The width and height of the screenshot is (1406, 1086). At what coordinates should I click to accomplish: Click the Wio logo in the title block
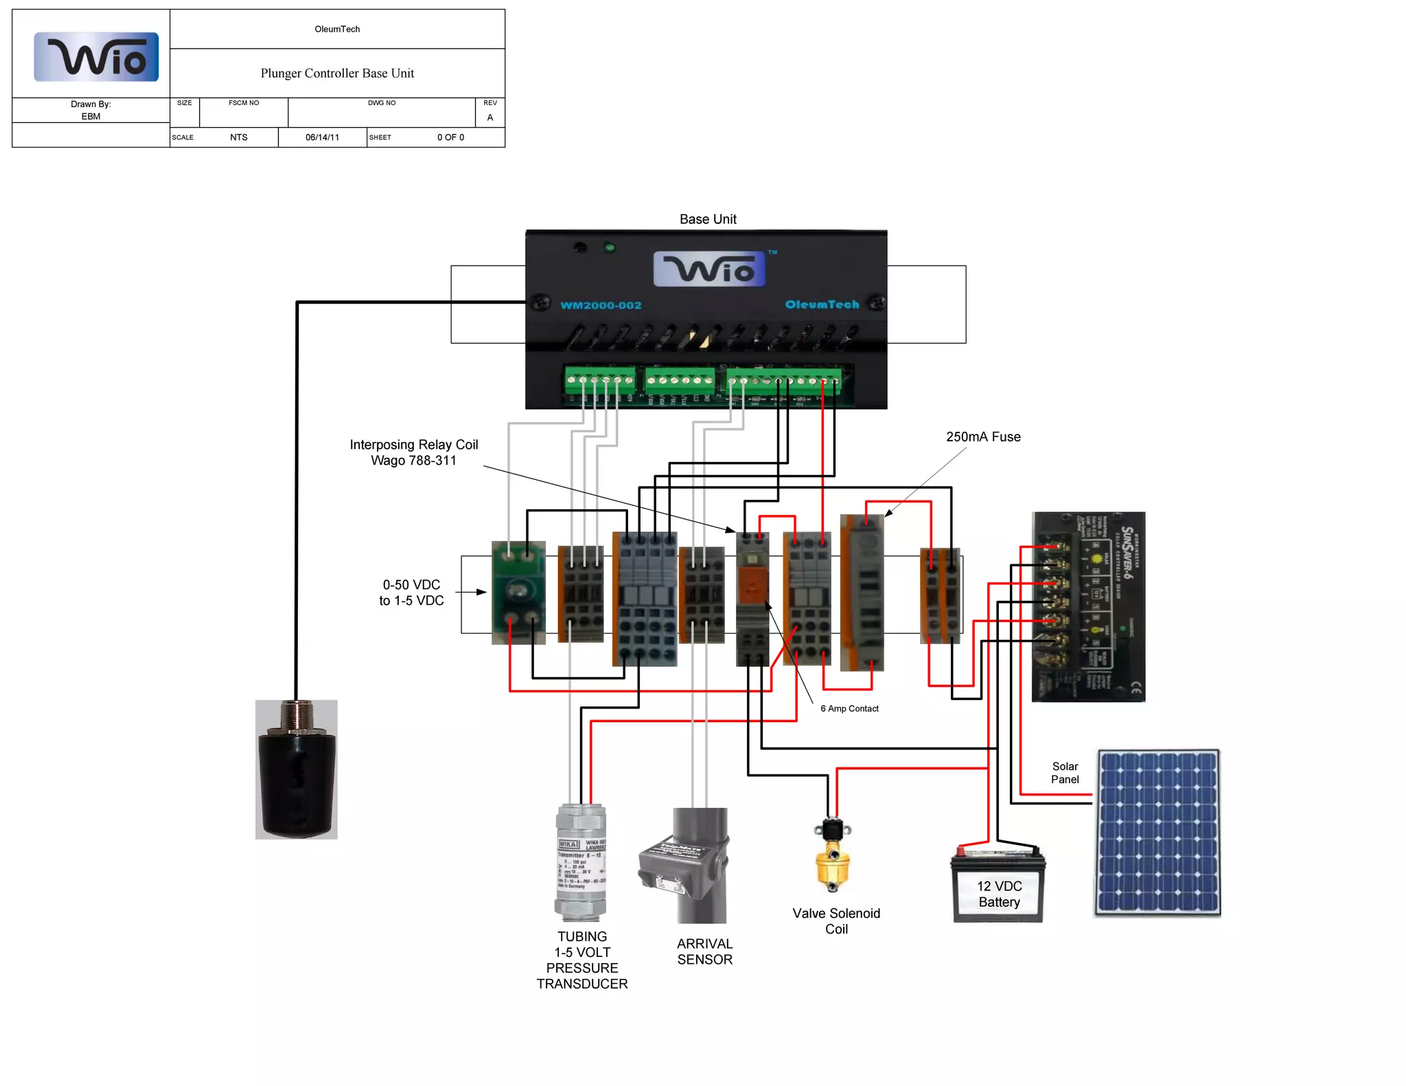[96, 57]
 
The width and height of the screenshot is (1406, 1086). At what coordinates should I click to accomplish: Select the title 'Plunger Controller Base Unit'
[337, 73]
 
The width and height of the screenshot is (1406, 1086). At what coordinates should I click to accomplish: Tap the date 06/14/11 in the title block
[322, 137]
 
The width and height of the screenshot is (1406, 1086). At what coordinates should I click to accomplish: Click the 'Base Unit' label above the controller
[708, 219]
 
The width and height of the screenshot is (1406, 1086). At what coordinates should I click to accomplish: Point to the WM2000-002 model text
[601, 305]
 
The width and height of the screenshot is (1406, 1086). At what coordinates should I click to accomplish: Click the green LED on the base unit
[610, 248]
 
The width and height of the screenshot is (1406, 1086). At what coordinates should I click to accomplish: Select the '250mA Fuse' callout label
[983, 437]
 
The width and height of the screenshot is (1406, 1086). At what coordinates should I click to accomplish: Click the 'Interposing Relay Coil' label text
[414, 445]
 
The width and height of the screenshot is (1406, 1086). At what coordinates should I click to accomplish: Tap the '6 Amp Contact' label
[849, 708]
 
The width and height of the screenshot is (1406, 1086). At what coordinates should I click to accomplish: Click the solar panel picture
[1157, 832]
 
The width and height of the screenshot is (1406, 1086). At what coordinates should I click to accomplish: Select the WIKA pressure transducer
[581, 862]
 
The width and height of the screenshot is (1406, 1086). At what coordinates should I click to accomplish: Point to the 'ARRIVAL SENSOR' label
[704, 951]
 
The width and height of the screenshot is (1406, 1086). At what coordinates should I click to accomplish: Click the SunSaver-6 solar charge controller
[1088, 606]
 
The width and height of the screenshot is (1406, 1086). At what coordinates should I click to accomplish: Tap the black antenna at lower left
[297, 770]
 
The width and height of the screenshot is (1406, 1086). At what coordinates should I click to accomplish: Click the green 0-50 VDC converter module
[518, 592]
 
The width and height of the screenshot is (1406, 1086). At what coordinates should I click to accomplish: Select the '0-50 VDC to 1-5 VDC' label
[411, 592]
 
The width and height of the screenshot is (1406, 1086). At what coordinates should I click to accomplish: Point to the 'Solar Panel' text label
[1065, 772]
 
